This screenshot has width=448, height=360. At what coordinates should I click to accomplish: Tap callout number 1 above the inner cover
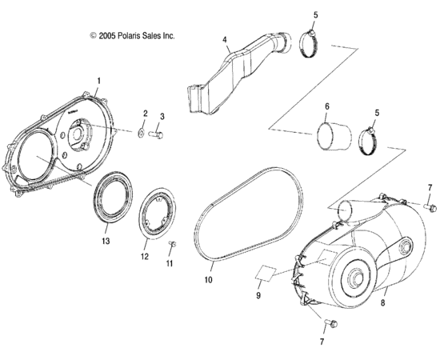pos(98,81)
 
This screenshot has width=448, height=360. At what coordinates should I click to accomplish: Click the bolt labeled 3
pos(158,135)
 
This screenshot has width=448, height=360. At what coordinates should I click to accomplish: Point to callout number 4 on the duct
pos(225,38)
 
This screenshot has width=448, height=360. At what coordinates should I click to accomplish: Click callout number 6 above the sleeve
pos(326,106)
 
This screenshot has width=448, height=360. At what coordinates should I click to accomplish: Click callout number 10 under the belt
pos(207,282)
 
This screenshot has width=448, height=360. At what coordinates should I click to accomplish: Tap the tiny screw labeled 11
pos(172,243)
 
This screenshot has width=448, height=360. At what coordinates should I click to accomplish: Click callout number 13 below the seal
pos(105,239)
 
